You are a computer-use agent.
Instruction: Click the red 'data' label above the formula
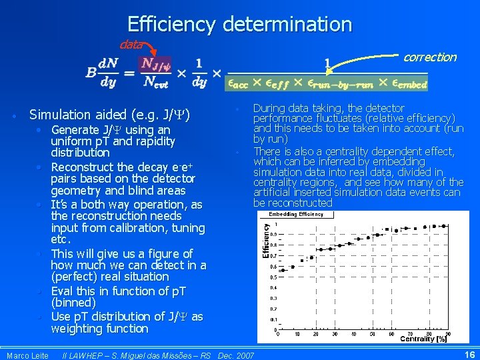pyautogui.click(x=131, y=44)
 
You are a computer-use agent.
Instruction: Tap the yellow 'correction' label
pyautogui.click(x=430, y=57)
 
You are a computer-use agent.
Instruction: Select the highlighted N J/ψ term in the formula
pyautogui.click(x=156, y=63)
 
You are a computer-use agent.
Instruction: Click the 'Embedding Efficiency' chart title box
pyautogui.click(x=296, y=214)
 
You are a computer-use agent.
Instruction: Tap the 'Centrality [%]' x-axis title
pyautogui.click(x=423, y=339)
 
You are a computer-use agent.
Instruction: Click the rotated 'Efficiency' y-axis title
pyautogui.click(x=266, y=241)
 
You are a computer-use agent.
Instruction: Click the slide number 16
pyautogui.click(x=469, y=355)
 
